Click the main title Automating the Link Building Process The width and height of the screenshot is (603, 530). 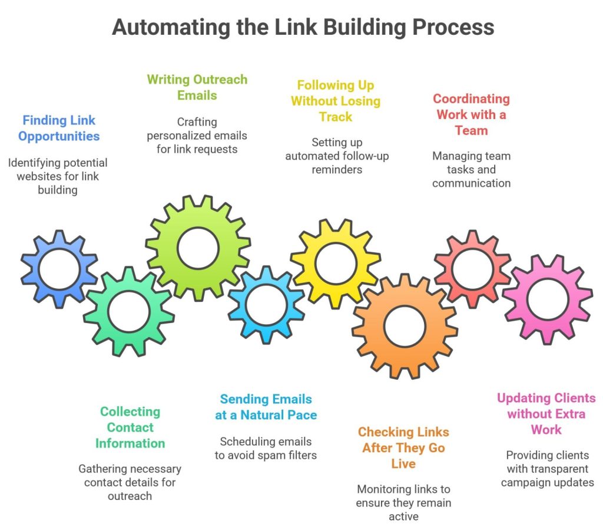[303, 27]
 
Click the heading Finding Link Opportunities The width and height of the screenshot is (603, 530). [58, 129]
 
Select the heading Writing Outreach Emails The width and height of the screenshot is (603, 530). [197, 87]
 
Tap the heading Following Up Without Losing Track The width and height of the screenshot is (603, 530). [336, 101]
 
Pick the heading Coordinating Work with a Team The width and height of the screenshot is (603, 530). [471, 114]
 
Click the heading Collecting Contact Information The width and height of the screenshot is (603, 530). [130, 427]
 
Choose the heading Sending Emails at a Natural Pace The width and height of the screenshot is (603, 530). [266, 407]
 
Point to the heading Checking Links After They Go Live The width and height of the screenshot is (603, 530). [403, 447]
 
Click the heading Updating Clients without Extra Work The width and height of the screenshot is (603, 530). [546, 414]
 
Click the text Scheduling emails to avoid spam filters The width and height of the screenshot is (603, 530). [266, 449]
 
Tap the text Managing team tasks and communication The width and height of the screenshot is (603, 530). [471, 170]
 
